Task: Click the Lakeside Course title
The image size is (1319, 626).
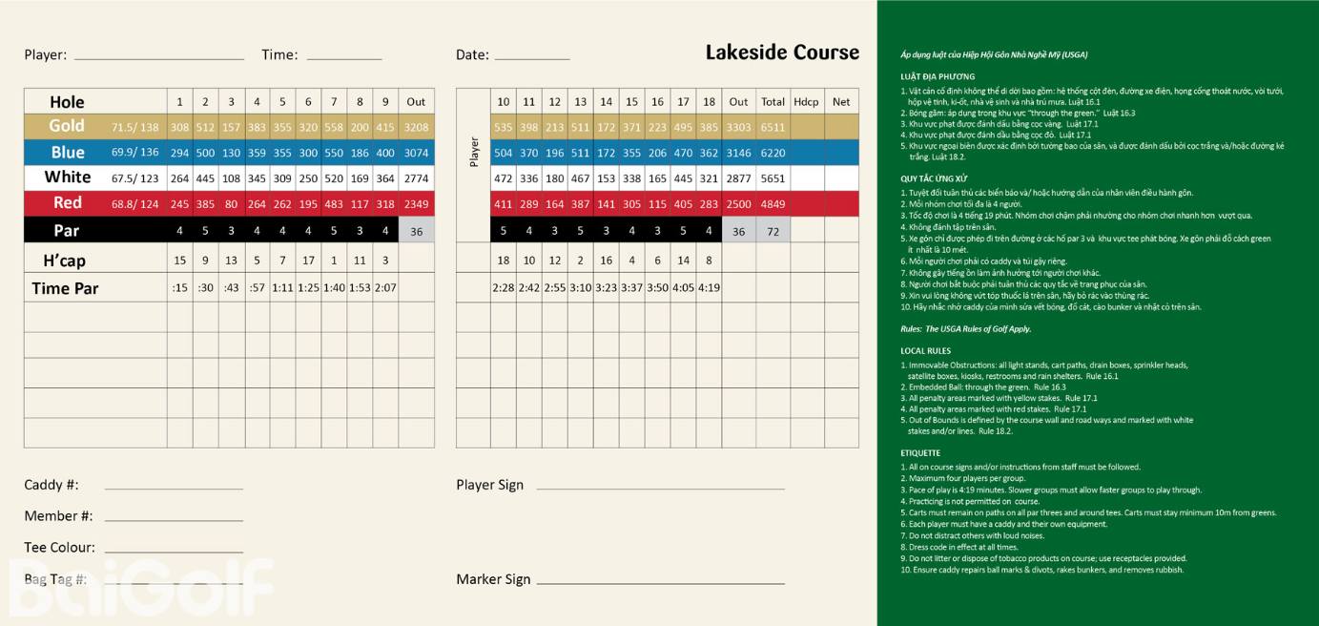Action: coord(782,52)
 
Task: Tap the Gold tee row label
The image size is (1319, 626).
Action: coord(67,126)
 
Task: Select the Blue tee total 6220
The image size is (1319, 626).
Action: coord(773,153)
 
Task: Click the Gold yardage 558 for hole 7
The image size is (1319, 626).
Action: coord(334,127)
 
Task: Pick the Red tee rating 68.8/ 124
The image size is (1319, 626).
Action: coord(134,203)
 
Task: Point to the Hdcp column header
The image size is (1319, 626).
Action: coord(806,101)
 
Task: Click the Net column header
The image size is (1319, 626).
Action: coord(840,101)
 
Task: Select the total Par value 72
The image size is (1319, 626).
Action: coord(773,231)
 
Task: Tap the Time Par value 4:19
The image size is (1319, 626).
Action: coord(709,287)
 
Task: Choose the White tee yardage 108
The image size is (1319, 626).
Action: coord(231,177)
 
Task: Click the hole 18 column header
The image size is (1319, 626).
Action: coord(709,101)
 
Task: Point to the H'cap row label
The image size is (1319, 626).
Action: coord(64,261)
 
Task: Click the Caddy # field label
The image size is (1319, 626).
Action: coord(52,485)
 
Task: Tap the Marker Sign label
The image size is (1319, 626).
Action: coord(493,579)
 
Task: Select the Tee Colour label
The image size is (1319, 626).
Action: coord(59,548)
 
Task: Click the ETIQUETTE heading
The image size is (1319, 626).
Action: coord(920,453)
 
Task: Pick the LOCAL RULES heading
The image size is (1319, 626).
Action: coord(924,351)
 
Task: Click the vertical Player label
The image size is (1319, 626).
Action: coord(474,152)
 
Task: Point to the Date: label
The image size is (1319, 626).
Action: coord(472,55)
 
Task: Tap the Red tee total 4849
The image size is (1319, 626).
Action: coord(773,204)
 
